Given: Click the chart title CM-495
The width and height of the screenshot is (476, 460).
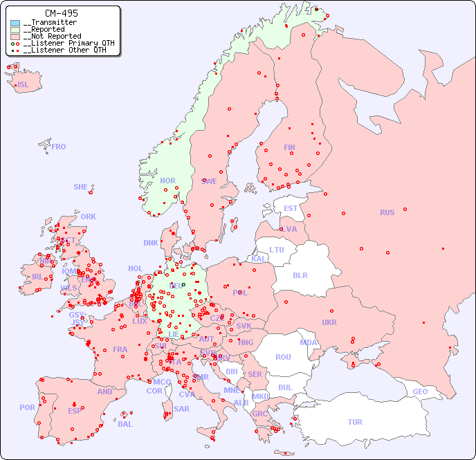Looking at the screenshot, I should point(61,13).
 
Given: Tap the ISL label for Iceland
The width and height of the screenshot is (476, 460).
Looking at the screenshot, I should point(24,85).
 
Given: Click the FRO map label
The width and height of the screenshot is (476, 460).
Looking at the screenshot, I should point(59,147).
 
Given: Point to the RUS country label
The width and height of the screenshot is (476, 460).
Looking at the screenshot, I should point(387,212).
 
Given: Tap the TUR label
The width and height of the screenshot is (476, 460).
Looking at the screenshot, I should point(355,422).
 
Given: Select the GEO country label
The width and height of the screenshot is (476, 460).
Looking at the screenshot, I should point(420,392).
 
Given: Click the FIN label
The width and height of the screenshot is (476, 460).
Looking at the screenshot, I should point(289,147).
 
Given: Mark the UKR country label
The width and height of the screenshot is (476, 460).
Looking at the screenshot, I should point(329,322).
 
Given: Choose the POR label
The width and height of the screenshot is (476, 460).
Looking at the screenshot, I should point(27,407).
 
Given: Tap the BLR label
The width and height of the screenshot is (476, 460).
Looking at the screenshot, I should point(300,275).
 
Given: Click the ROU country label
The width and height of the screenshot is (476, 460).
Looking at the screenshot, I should point(283,357).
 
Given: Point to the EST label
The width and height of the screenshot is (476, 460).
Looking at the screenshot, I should point(291,208).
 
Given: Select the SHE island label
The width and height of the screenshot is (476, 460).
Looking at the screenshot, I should point(81,187).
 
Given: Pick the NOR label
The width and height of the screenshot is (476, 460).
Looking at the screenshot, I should point(168,181).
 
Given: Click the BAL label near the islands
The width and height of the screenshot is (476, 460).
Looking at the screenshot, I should point(125,424).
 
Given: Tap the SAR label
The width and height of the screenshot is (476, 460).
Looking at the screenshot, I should point(182,409).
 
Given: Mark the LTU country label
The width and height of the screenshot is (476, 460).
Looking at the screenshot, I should point(277,250).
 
